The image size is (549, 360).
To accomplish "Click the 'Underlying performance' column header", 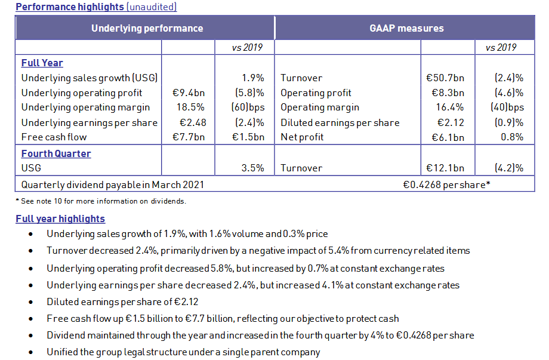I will coord(147,28).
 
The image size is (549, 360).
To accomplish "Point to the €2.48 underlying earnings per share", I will coord(192,122).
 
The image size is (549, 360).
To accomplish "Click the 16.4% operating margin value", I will coord(452,107).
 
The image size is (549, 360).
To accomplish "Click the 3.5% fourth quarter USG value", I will coord(252,168).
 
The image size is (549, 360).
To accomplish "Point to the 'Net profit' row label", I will coord(302,137).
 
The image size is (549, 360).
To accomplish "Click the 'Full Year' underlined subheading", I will coord(42,63).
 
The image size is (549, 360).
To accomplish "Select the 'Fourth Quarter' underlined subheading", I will coord(56,153).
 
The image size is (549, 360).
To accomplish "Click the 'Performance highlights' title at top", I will coord(70,7).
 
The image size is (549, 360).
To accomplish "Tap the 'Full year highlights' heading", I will coord(60,219).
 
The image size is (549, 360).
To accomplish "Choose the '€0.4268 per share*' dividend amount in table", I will coord(446,184).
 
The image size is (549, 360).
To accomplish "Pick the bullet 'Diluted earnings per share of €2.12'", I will coord(122,301).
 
